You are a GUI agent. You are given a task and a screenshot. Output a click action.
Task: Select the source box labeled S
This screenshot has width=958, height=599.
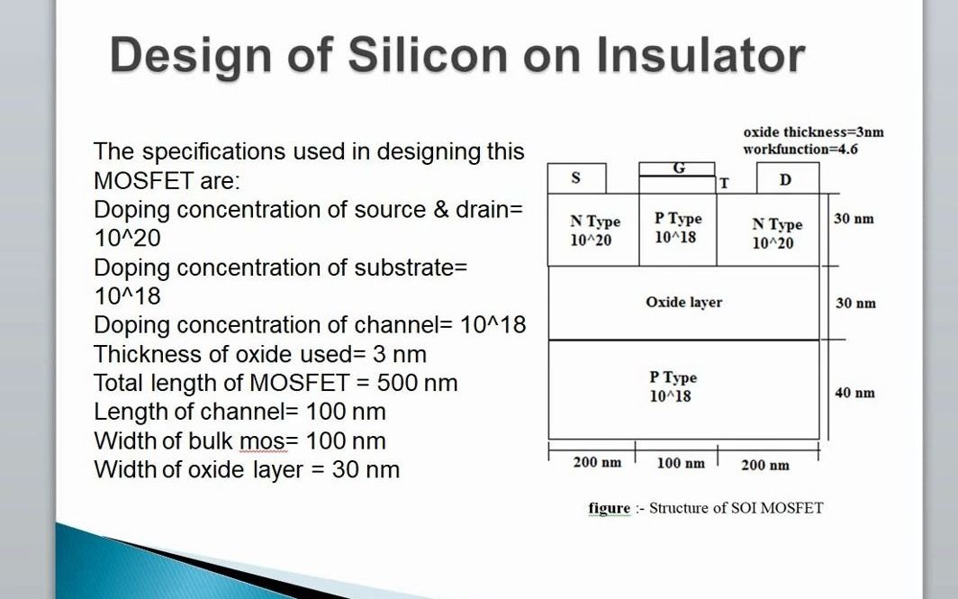[x=576, y=178]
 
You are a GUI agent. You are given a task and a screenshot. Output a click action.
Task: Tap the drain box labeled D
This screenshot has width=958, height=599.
[x=786, y=179]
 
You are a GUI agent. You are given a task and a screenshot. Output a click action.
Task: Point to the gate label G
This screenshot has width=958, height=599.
[x=678, y=168]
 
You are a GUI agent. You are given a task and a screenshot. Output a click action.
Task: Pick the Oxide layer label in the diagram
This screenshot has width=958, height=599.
[x=683, y=303]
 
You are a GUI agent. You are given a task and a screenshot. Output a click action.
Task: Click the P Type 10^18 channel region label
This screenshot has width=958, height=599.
[x=677, y=228]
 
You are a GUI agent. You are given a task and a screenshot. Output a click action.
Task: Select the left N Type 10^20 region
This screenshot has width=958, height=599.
[x=594, y=231]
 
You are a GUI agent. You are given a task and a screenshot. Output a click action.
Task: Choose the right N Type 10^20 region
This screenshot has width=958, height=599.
[x=775, y=234]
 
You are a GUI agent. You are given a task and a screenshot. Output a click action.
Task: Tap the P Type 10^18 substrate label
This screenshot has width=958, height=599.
[x=672, y=387]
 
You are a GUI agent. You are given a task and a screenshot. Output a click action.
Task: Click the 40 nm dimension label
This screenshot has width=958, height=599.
[x=854, y=393]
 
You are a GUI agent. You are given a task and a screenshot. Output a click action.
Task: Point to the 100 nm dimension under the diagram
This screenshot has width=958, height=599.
[x=680, y=463]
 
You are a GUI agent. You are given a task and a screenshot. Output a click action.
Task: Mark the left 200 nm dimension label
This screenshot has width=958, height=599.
[x=597, y=463]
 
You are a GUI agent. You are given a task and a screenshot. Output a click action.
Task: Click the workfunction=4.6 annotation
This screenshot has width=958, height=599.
[x=800, y=149]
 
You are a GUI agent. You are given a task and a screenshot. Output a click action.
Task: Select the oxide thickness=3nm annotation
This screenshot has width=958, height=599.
[x=813, y=132]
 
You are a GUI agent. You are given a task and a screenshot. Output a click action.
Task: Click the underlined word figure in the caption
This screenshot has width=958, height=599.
[x=610, y=508]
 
